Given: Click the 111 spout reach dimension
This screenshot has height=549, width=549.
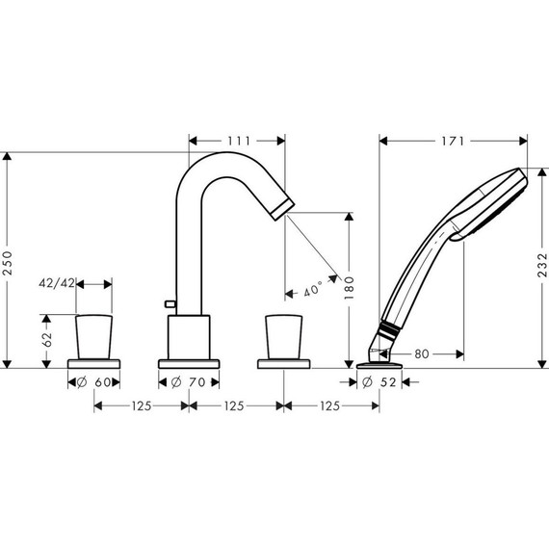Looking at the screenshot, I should (x=237, y=141).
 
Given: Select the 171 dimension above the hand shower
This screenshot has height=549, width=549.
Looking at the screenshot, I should (x=454, y=141).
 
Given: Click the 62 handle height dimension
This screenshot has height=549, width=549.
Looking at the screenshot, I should (x=43, y=339).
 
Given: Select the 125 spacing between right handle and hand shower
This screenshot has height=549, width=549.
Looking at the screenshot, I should (x=330, y=407).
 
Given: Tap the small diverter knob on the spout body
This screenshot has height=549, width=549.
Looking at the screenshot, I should (x=170, y=304).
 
